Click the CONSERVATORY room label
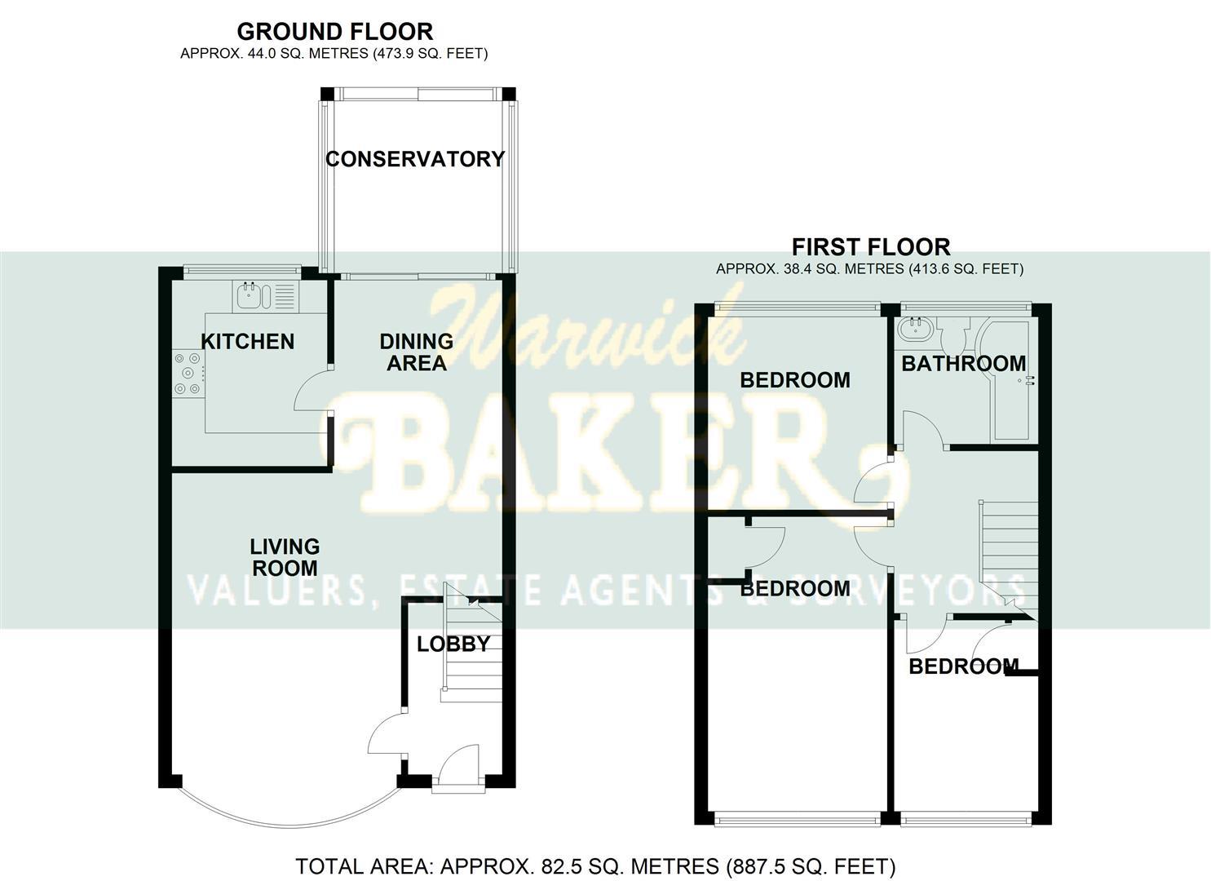point(415,159)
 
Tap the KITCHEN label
point(247,341)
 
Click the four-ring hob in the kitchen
point(187,373)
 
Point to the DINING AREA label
point(416,352)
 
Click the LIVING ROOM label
point(284,557)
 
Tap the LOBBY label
point(453,644)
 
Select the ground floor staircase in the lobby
point(467,653)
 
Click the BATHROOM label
point(963,364)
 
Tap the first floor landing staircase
point(1008,555)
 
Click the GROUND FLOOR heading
point(334,32)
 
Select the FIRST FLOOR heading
point(870,247)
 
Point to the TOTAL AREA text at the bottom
point(594,866)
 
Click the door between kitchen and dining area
point(314,392)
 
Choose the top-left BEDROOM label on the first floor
point(794,380)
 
